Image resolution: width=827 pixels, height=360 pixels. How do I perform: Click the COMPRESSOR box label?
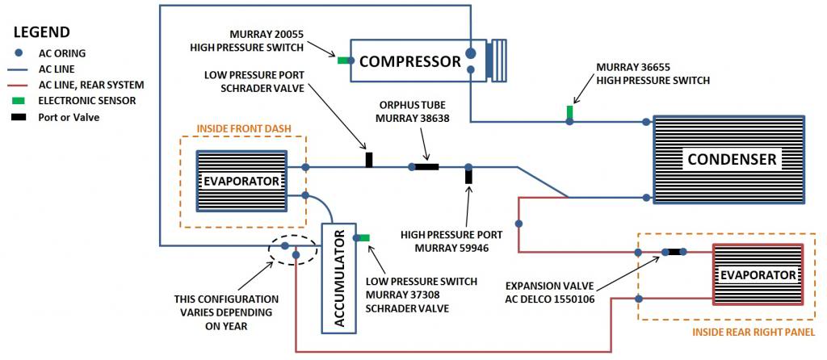coord(409,61)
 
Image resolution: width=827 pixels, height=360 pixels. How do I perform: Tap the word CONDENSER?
coord(732,159)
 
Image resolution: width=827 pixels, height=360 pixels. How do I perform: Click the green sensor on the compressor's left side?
coord(344,60)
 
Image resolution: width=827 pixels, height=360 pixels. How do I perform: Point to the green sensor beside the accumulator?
coord(363,237)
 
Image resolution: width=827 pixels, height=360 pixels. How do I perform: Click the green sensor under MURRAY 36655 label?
coord(569,111)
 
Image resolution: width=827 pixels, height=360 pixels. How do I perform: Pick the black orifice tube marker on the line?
coord(426,167)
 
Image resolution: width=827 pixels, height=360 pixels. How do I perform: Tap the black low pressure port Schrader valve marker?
coord(369,159)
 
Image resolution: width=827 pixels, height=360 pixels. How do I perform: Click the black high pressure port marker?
coord(468,175)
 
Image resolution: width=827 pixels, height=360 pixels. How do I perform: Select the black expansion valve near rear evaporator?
coord(674,252)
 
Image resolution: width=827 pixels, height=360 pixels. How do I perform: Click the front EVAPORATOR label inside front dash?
coord(242,180)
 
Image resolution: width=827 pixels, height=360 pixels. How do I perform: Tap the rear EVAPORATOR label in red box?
coord(758,274)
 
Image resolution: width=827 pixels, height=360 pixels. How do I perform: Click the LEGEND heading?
coord(42,32)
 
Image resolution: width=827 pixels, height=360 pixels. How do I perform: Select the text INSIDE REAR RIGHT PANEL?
coord(758,331)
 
